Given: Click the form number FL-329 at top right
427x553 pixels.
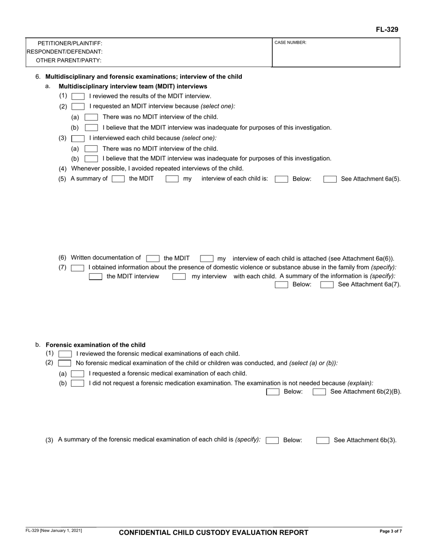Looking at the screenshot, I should click(x=387, y=30).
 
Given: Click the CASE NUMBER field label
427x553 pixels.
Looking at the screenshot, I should click(x=290, y=43).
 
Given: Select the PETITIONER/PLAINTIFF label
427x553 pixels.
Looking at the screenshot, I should click(x=70, y=44).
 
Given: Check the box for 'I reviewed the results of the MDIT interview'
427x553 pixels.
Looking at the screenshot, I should click(x=78, y=96).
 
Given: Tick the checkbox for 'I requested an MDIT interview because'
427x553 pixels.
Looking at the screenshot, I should click(x=78, y=107).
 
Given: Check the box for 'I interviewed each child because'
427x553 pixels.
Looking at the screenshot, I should click(x=78, y=138).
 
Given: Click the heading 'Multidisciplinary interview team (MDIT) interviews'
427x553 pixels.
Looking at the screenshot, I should click(x=133, y=86).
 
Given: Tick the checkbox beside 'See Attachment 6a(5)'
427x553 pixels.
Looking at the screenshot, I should click(x=330, y=179).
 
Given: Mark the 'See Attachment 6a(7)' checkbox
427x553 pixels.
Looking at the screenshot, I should click(x=327, y=285).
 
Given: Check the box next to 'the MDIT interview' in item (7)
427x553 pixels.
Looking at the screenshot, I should click(x=95, y=276).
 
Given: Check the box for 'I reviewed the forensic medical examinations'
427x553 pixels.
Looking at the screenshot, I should click(x=65, y=354).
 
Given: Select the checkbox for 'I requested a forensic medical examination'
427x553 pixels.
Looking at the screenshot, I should click(x=78, y=374).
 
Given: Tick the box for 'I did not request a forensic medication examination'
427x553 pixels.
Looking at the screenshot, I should click(x=78, y=384).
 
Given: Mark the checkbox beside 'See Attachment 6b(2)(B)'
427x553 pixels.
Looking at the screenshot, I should click(x=319, y=392).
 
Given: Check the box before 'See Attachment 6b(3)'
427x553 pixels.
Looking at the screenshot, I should click(x=323, y=441).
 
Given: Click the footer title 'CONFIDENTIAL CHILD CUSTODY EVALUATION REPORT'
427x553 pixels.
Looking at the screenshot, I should click(x=213, y=533).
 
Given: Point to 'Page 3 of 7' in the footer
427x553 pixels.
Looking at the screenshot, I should click(x=390, y=531).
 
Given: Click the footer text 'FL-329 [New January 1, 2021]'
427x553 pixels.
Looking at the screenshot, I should click(x=53, y=531).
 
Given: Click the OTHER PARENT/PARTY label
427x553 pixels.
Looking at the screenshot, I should click(x=68, y=60).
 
